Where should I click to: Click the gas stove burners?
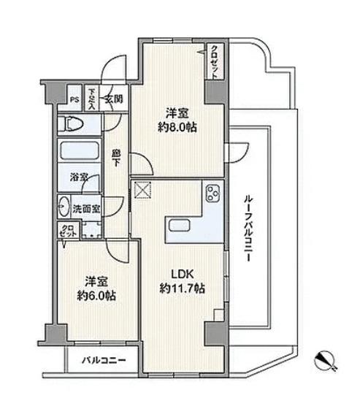click(213, 193)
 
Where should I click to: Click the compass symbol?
click(326, 360)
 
